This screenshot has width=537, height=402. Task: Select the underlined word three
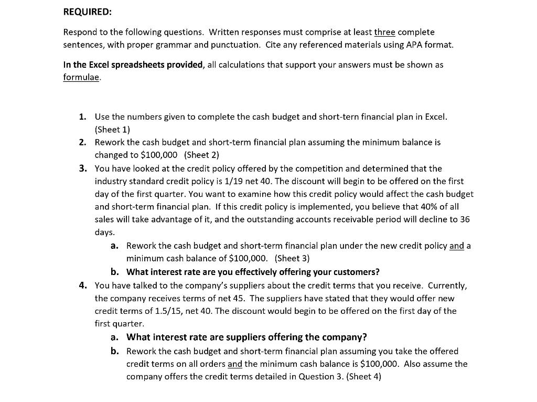point(384,32)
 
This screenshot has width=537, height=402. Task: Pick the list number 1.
point(83,117)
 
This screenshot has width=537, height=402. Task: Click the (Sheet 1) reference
point(112,129)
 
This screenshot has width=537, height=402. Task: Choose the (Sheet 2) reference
point(201,155)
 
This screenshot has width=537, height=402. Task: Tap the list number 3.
point(83,168)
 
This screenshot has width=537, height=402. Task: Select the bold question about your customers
point(253,272)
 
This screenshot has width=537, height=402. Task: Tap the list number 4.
point(83,285)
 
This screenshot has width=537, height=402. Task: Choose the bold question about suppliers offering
point(246,337)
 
